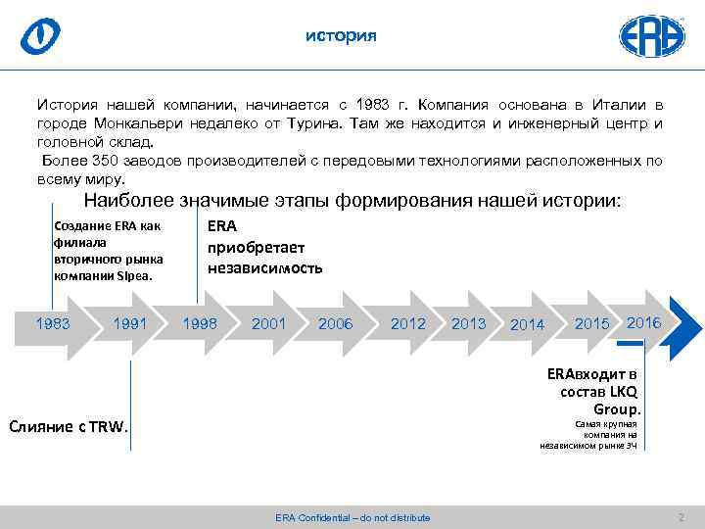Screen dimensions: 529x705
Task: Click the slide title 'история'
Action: click(x=340, y=36)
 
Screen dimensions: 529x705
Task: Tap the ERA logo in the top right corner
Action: click(x=651, y=35)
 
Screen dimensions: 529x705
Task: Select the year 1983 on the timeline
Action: click(x=53, y=323)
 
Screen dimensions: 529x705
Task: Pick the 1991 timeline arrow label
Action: click(x=131, y=323)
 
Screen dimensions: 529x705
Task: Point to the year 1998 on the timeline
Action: click(x=200, y=323)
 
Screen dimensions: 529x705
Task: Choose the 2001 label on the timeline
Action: click(x=268, y=323)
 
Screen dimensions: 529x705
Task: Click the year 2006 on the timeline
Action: click(x=336, y=323)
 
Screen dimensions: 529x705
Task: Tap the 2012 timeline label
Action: click(x=408, y=323)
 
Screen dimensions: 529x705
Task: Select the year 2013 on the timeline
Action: click(x=469, y=323)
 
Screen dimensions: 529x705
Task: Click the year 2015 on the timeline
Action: click(x=591, y=323)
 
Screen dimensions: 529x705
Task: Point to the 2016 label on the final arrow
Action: click(x=643, y=322)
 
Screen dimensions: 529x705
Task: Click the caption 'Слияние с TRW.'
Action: click(x=68, y=427)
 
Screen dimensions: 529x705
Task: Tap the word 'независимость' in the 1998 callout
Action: click(x=264, y=267)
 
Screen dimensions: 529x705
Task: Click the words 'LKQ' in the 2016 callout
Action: click(x=624, y=392)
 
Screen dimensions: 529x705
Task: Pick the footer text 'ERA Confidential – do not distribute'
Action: click(x=352, y=517)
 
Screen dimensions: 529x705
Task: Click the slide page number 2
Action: click(x=681, y=516)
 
